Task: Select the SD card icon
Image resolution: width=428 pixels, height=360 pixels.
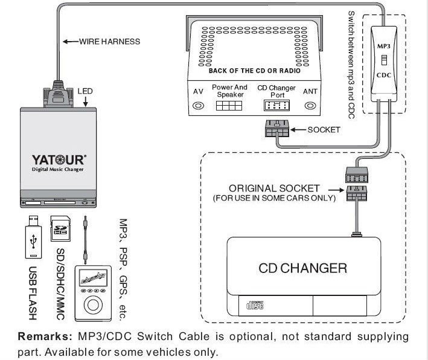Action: pyautogui.click(x=59, y=228)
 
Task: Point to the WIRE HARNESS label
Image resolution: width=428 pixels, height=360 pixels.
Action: pyautogui.click(x=109, y=42)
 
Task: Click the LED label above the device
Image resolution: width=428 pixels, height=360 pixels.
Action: pyautogui.click(x=85, y=91)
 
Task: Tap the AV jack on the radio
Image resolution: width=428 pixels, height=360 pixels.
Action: pyautogui.click(x=197, y=106)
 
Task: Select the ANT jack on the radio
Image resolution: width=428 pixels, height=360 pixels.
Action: pyautogui.click(x=309, y=106)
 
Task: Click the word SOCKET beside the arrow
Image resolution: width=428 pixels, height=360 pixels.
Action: pyautogui.click(x=324, y=129)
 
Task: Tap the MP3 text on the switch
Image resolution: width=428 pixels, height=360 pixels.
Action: pyautogui.click(x=384, y=45)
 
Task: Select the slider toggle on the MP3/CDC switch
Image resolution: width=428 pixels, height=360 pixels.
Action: pyautogui.click(x=384, y=60)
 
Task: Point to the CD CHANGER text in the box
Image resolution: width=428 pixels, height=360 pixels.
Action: pyautogui.click(x=302, y=268)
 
